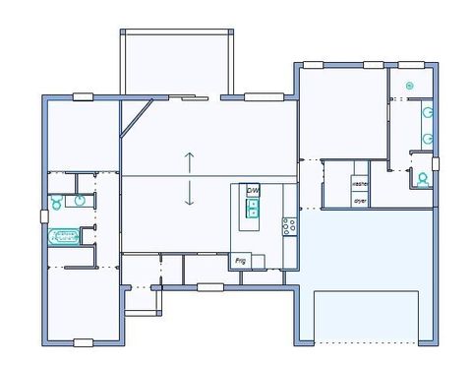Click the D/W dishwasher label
pyautogui.click(x=253, y=190)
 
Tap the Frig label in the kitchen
pyautogui.click(x=240, y=261)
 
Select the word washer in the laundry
pyautogui.click(x=360, y=184)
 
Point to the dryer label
pyautogui.click(x=360, y=200)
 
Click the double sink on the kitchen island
pyautogui.click(x=253, y=208)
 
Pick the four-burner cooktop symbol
pyautogui.click(x=289, y=225)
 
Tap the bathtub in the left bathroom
pyautogui.click(x=64, y=236)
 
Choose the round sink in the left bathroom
pyautogui.click(x=79, y=202)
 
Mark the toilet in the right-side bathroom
pyautogui.click(x=423, y=178)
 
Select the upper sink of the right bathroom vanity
pyautogui.click(x=428, y=113)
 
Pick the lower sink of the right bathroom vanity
pyautogui.click(x=428, y=140)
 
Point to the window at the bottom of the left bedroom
pyautogui.click(x=84, y=342)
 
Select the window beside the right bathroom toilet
pyautogui.click(x=436, y=163)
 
